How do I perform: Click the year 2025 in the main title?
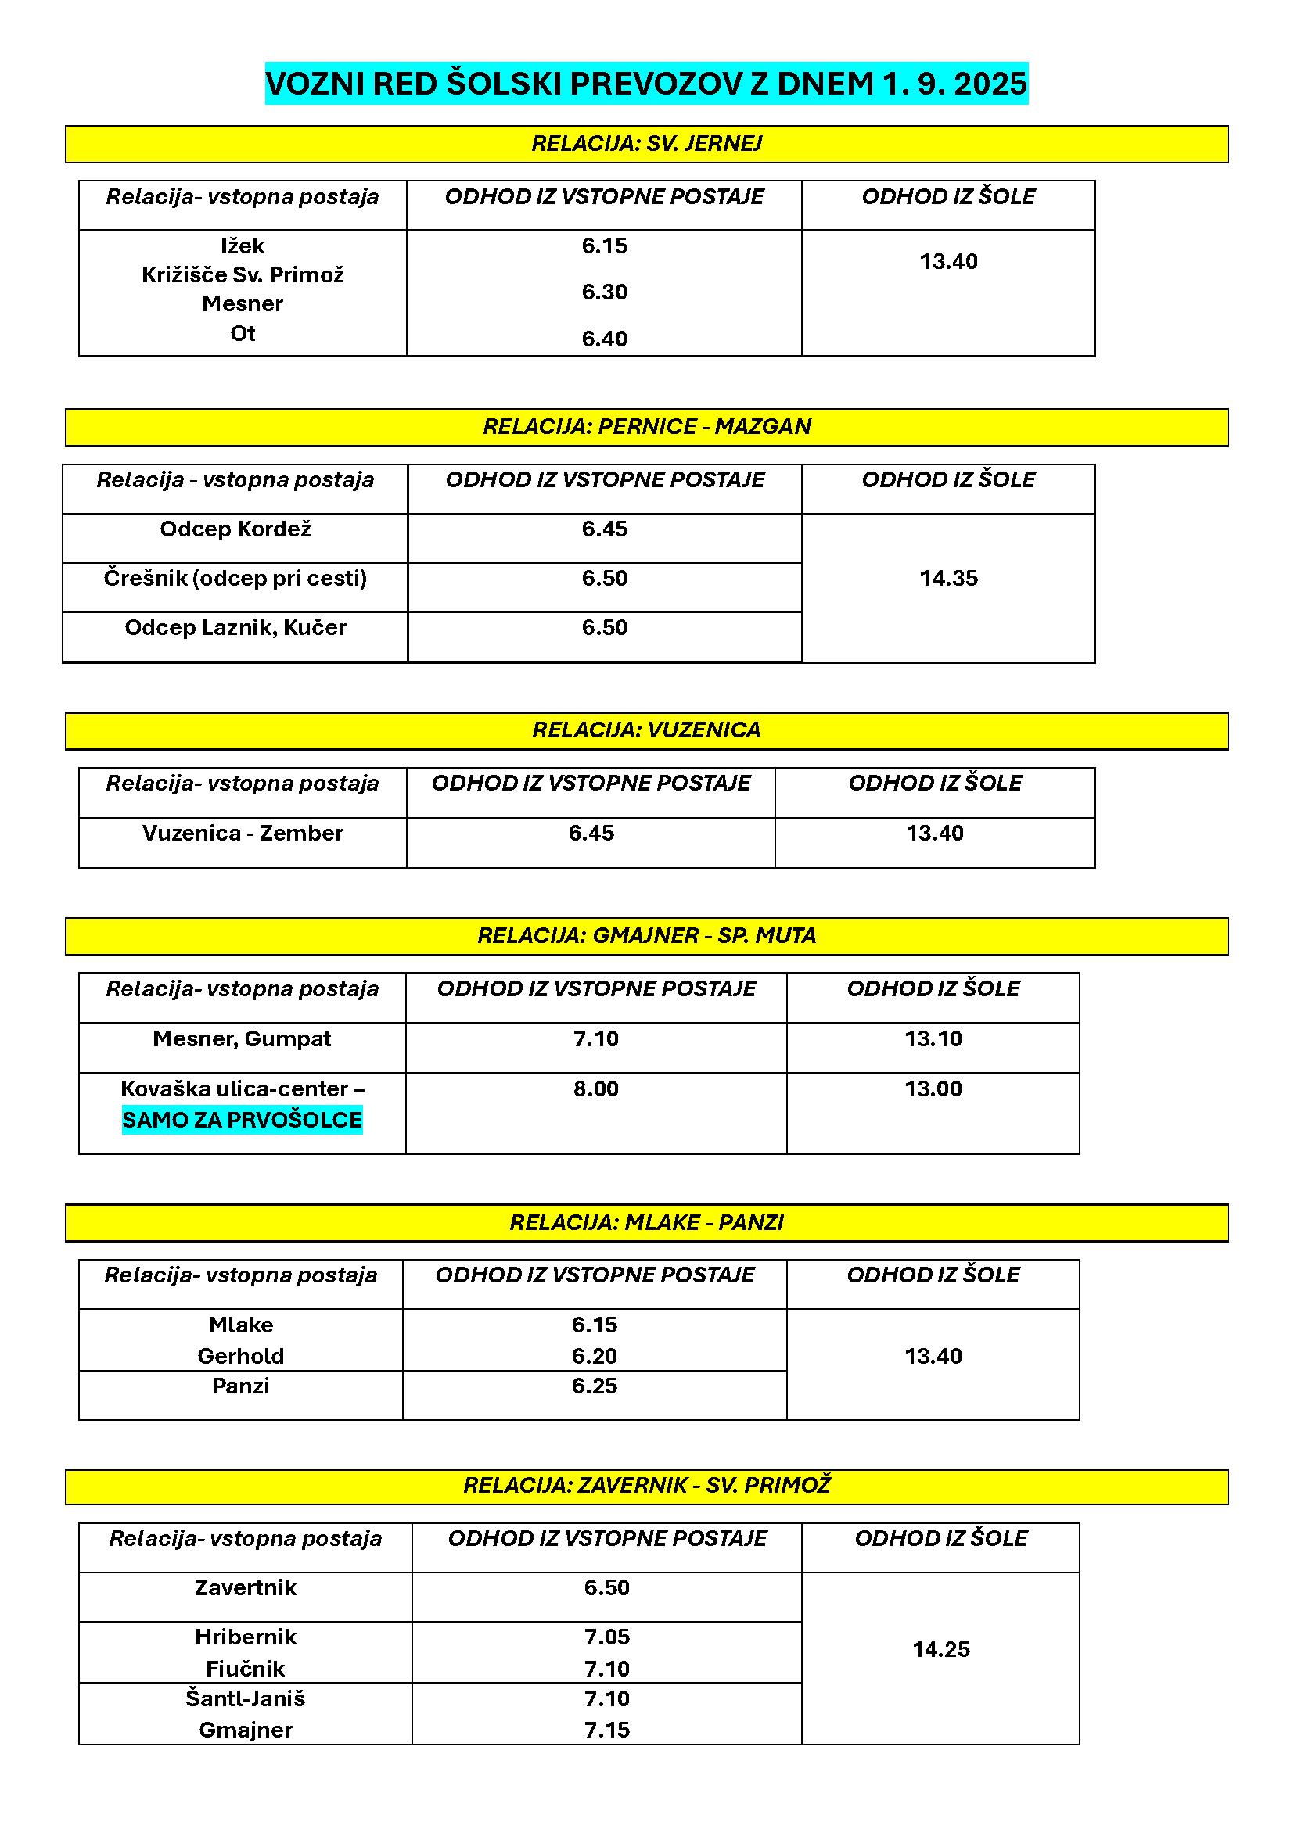990,84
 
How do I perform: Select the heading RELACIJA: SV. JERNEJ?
646,143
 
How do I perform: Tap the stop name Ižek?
243,246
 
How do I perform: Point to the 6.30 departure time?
604,292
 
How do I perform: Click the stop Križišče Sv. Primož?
243,274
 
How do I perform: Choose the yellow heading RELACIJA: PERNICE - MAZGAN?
646,427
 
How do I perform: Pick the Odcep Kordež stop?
235,529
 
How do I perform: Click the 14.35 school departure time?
948,579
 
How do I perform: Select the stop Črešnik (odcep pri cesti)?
235,579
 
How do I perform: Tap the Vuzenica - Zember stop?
243,834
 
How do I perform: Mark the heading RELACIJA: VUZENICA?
646,730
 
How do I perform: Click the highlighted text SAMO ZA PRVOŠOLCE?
243,1120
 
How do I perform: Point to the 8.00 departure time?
596,1089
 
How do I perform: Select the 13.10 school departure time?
933,1038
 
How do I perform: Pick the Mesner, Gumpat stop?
243,1038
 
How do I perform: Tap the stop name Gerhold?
241,1356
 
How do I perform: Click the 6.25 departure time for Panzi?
595,1386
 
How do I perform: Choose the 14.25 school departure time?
941,1650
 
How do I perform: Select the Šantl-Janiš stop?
246,1699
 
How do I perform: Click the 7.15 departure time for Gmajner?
607,1730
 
